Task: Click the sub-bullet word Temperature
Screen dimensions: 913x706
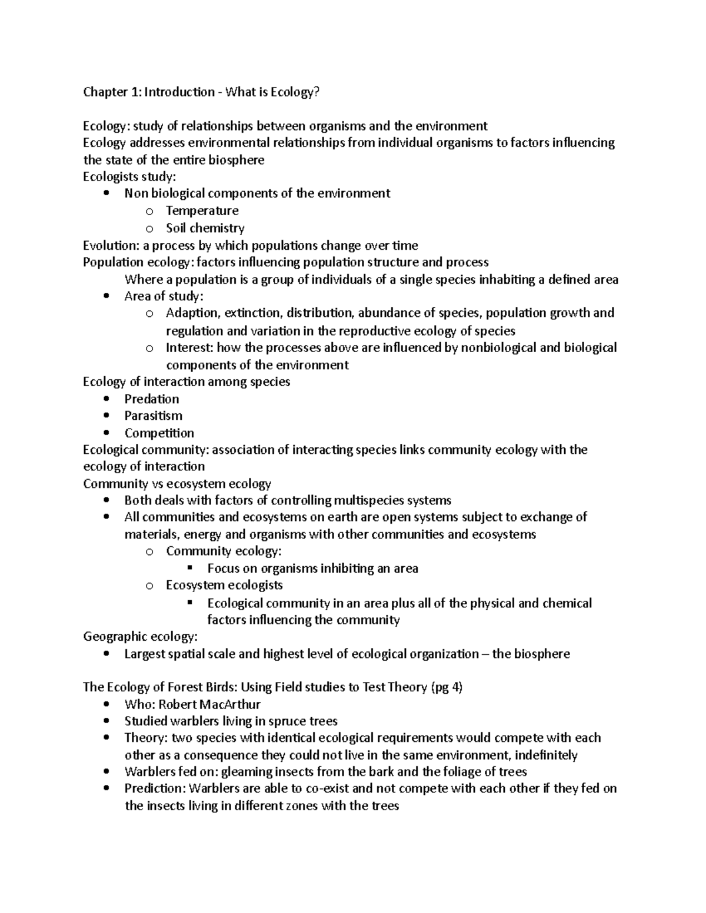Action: pyautogui.click(x=202, y=210)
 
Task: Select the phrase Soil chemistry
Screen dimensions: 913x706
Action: pyautogui.click(x=205, y=228)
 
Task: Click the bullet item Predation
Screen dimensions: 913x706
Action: pyautogui.click(x=151, y=399)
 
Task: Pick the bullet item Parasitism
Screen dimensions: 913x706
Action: pyautogui.click(x=153, y=416)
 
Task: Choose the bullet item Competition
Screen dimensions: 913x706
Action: pyautogui.click(x=159, y=433)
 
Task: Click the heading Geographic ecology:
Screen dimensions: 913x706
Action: pyautogui.click(x=140, y=637)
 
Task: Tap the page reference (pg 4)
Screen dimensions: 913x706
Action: pyautogui.click(x=447, y=687)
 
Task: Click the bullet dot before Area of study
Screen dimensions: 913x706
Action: pyautogui.click(x=105, y=296)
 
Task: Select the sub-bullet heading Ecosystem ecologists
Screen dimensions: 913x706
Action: pyautogui.click(x=224, y=585)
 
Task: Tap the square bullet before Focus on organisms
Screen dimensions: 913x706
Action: pyautogui.click(x=189, y=568)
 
